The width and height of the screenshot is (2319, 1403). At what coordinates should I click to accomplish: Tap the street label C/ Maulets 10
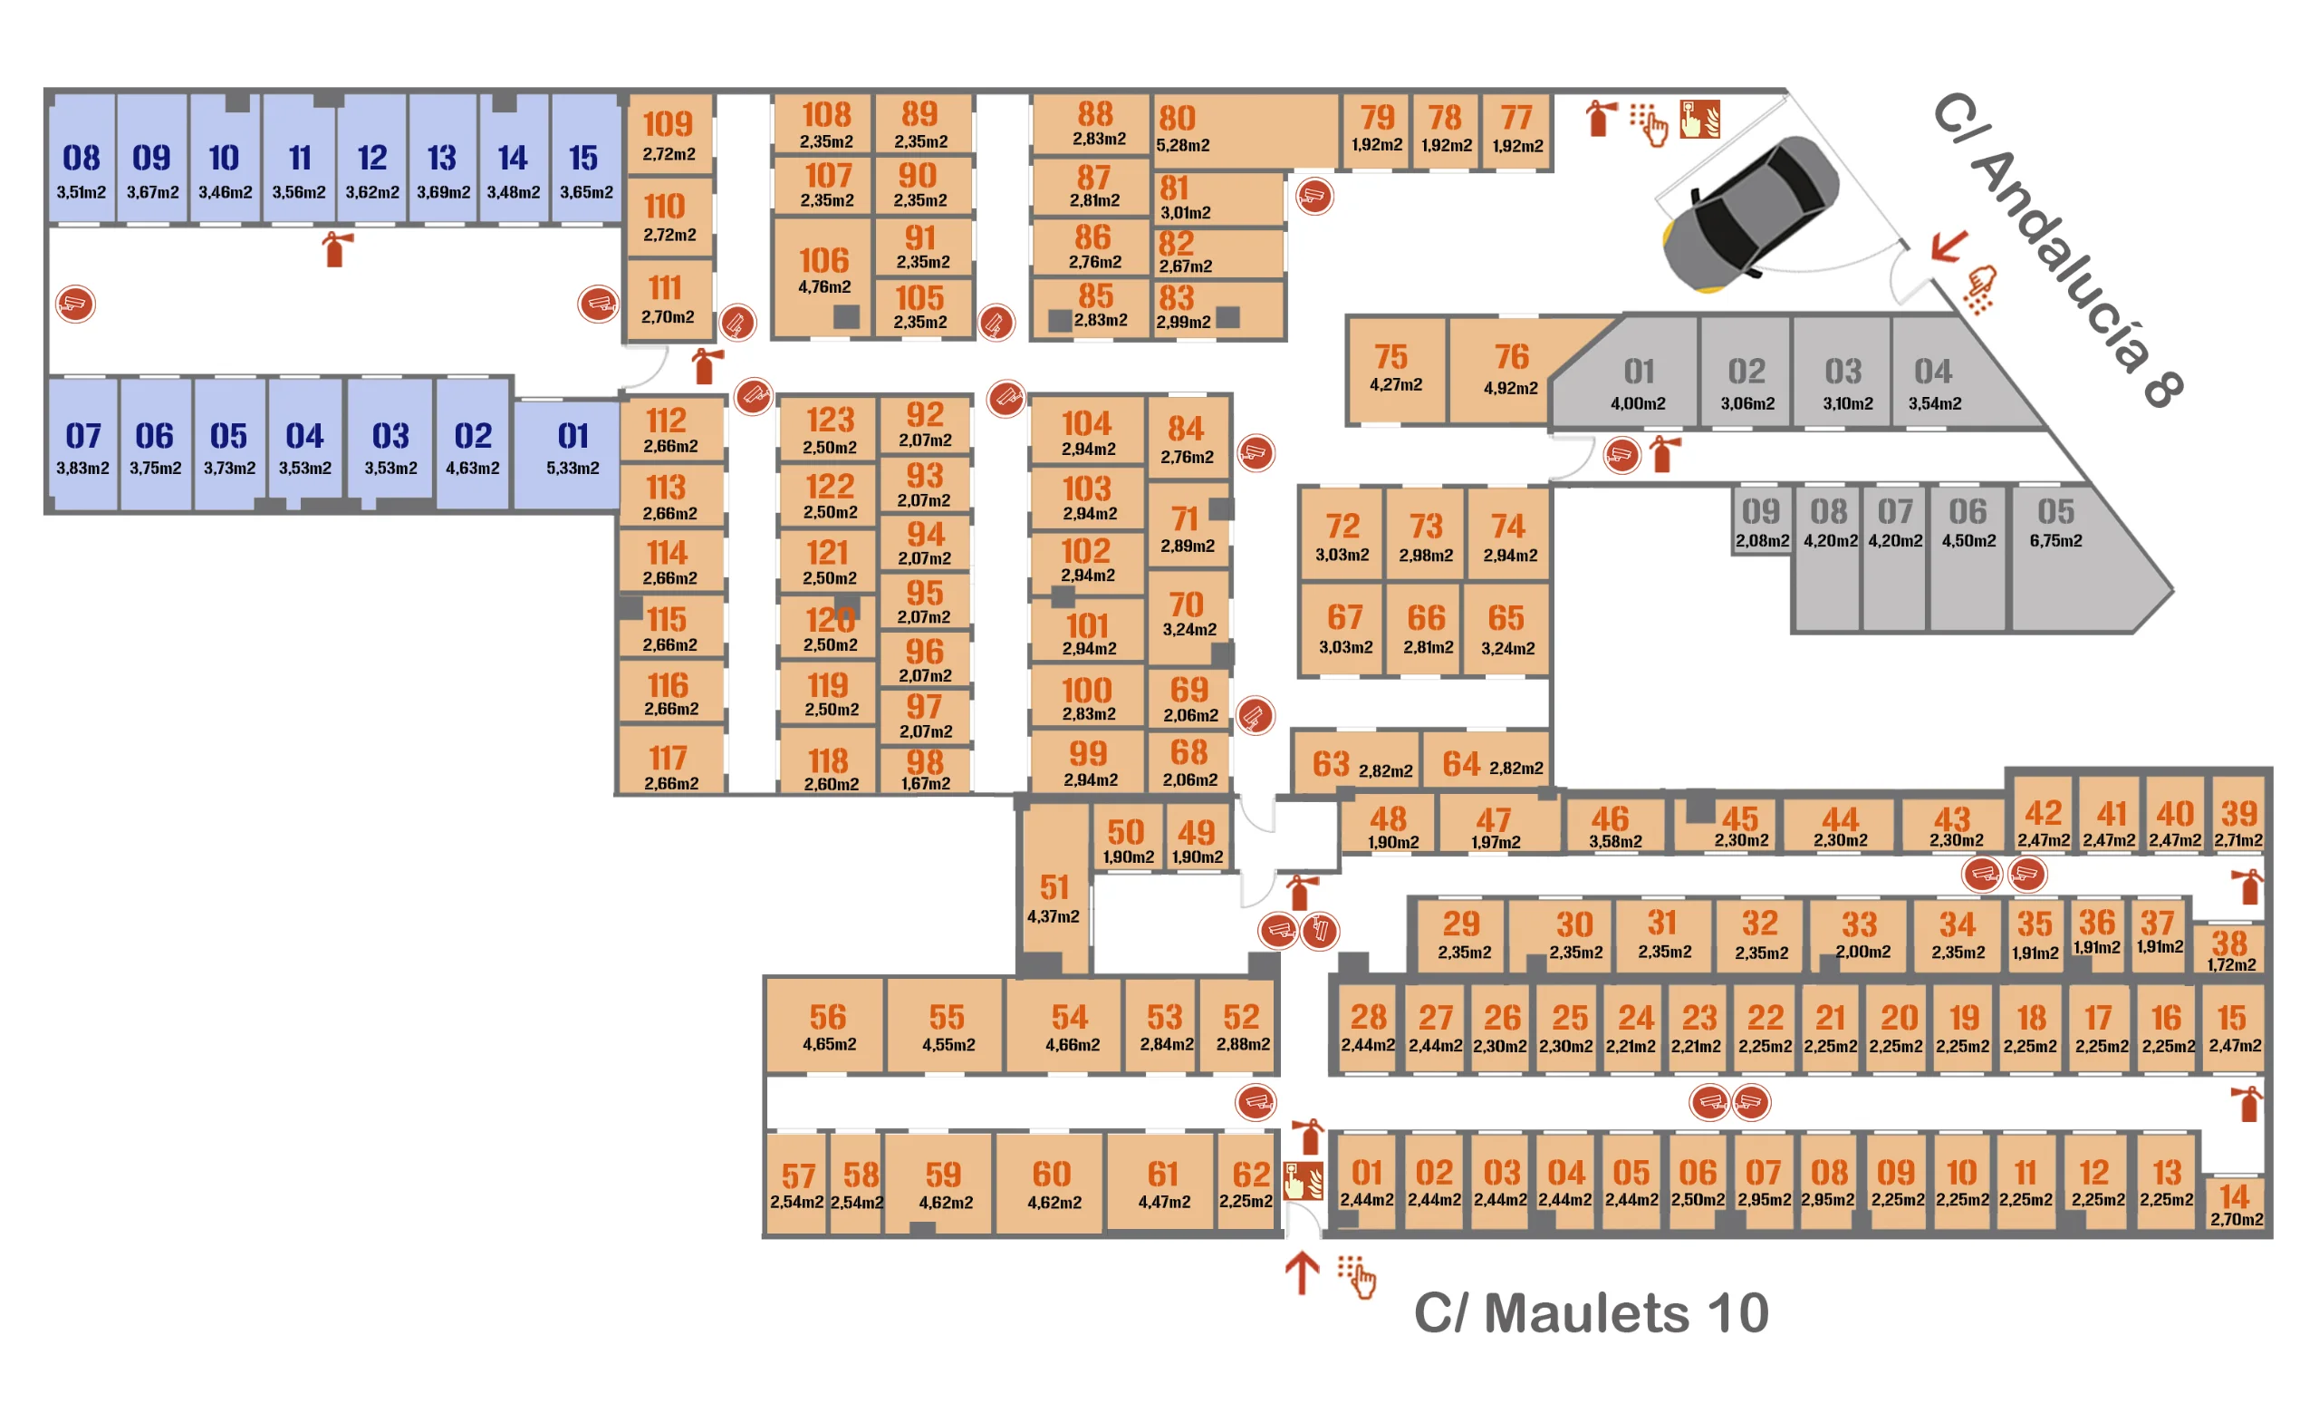[x=1591, y=1312]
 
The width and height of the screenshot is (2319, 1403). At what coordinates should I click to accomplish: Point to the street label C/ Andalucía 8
[x=2056, y=249]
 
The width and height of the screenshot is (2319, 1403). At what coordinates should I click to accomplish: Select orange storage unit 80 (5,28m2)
[x=1245, y=131]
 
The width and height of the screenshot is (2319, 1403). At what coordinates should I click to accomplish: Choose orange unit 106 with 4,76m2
[x=823, y=276]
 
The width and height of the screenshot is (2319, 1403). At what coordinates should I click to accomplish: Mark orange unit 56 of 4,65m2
[x=825, y=1025]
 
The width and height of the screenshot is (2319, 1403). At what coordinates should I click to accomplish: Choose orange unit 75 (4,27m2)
[x=1395, y=369]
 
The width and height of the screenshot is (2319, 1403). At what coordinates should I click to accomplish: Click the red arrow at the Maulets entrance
[x=1302, y=1272]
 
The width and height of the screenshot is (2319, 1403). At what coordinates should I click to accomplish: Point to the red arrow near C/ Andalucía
[x=1949, y=247]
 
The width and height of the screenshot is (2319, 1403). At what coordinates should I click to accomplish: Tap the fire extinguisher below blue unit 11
[x=335, y=249]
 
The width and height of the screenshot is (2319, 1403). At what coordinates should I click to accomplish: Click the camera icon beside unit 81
[x=1313, y=196]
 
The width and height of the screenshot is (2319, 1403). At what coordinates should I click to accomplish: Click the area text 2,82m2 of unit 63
[x=1385, y=771]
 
